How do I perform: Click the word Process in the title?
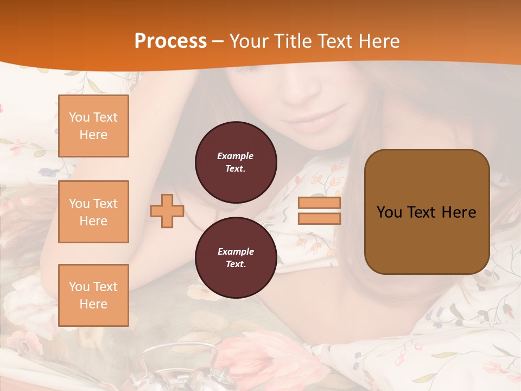[x=170, y=41]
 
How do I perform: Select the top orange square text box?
[x=93, y=126]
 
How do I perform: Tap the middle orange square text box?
[x=93, y=212]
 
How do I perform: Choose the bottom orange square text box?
[x=93, y=295]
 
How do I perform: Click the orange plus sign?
[x=167, y=211]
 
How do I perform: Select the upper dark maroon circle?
[x=236, y=162]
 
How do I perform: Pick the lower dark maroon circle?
[x=236, y=257]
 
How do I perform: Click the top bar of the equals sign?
[x=319, y=203]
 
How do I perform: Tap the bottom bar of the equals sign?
[x=319, y=219]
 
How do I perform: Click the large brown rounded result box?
[x=427, y=212]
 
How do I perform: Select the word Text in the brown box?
[x=423, y=212]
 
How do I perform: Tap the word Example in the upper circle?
[x=236, y=156]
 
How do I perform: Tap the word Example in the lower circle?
[x=236, y=251]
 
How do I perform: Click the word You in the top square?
[x=79, y=117]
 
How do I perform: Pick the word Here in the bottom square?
[x=93, y=304]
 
